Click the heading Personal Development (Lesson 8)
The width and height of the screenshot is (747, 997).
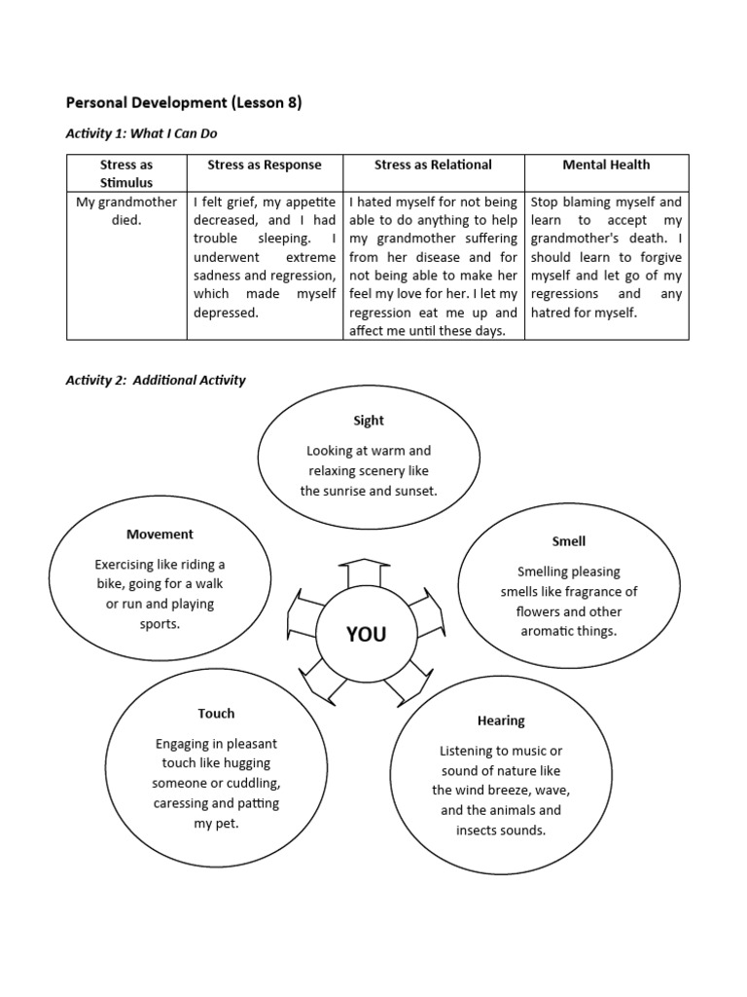click(x=183, y=102)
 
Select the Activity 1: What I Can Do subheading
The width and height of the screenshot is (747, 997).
click(x=148, y=133)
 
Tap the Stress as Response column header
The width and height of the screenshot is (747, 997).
click(x=265, y=166)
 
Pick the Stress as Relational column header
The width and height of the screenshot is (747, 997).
click(x=433, y=166)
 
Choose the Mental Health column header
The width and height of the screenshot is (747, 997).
click(x=606, y=166)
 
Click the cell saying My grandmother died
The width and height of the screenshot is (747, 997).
click(x=126, y=211)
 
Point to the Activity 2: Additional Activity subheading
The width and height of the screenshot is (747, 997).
click(x=156, y=380)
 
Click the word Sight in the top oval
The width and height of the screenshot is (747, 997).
click(x=369, y=421)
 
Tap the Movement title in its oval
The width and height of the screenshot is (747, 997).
click(x=160, y=534)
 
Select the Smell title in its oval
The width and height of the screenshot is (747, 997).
click(x=568, y=541)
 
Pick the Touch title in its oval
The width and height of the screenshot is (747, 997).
click(x=216, y=714)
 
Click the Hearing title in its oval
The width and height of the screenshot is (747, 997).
click(x=501, y=721)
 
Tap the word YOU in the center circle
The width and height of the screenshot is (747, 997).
click(x=367, y=635)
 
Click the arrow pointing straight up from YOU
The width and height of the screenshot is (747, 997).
click(x=363, y=574)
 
